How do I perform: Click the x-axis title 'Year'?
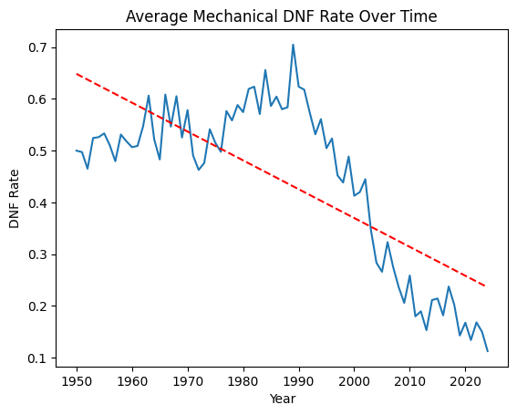click(x=282, y=399)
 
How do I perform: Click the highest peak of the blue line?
click(x=293, y=45)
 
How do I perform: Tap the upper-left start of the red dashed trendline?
click(x=78, y=73)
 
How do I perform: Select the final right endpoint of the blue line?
click(x=487, y=351)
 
